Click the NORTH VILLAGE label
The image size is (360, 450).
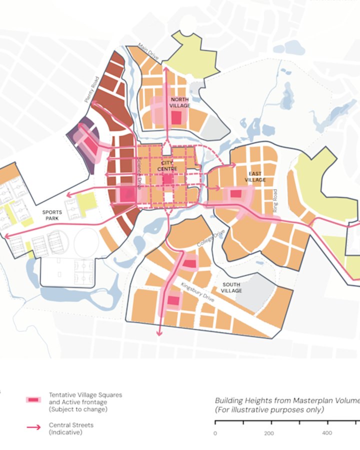[x=179, y=102]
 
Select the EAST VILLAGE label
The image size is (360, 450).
[x=255, y=176]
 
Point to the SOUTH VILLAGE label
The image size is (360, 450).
[x=231, y=287]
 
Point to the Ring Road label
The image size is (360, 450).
[x=274, y=201]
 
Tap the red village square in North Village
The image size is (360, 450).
[x=176, y=117]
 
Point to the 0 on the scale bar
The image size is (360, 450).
[x=215, y=433]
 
